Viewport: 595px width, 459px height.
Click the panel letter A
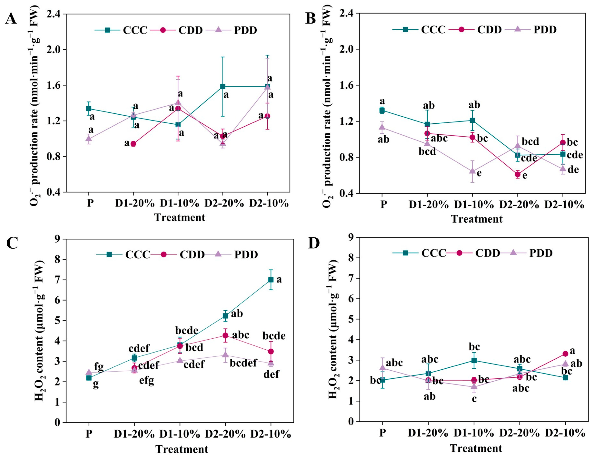tap(11, 19)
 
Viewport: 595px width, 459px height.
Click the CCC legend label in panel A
tap(135, 30)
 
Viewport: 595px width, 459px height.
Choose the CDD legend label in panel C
tap(192, 255)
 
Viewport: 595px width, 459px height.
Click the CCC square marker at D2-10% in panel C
tap(271, 280)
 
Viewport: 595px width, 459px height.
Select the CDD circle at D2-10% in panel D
tap(565, 354)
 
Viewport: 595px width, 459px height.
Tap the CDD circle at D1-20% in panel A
tap(134, 144)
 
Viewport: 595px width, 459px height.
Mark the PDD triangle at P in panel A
tap(89, 138)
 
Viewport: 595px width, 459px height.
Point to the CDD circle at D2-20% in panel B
tap(518, 175)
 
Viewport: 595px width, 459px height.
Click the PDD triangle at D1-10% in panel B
tap(472, 171)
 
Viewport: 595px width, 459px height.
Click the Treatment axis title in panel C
tap(182, 449)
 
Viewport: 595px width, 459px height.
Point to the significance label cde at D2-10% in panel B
tap(575, 155)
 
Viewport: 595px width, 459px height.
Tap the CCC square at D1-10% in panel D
tap(474, 360)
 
